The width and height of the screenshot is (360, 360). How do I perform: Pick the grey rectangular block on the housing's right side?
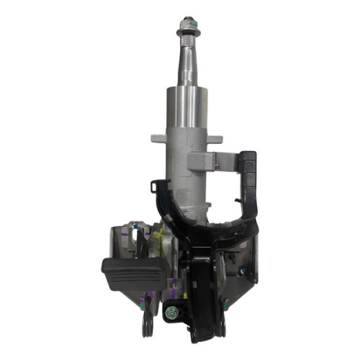pyautogui.click(x=202, y=160)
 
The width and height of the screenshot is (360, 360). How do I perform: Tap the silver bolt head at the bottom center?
pyautogui.click(x=173, y=311)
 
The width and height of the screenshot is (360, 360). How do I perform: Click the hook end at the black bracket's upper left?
pyautogui.click(x=155, y=185)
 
